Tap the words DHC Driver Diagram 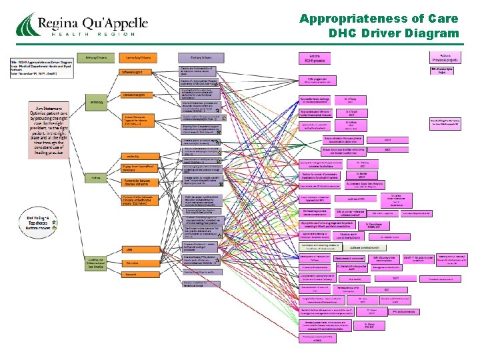(394, 33)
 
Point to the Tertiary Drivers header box (193, 59)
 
